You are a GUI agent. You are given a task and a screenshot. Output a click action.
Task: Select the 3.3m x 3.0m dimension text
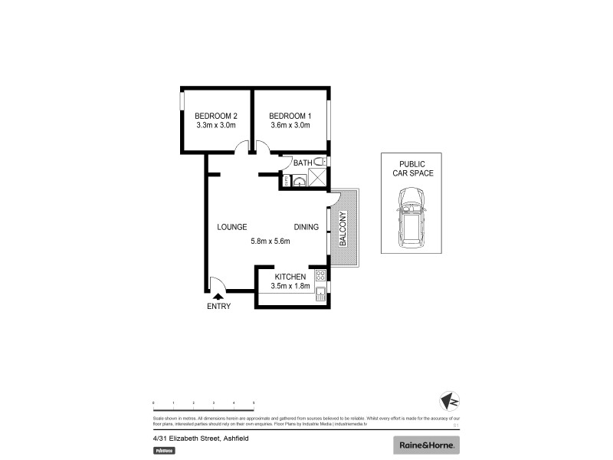click(x=215, y=125)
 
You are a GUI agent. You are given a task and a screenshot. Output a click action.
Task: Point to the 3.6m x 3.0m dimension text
click(x=290, y=125)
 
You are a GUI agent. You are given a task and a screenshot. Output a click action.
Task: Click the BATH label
click(x=303, y=163)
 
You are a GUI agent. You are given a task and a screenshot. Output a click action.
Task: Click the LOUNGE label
click(x=231, y=227)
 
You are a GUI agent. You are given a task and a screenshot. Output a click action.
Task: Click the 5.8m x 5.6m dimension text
click(x=270, y=242)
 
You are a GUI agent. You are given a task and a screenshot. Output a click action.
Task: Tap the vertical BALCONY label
click(x=343, y=228)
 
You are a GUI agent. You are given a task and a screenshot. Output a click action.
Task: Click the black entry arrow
click(x=218, y=295)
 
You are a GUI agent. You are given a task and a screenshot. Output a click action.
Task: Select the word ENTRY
click(x=218, y=307)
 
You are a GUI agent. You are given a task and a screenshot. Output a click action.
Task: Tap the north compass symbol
click(x=451, y=401)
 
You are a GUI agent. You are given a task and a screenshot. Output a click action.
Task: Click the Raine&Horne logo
click(x=426, y=445)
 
